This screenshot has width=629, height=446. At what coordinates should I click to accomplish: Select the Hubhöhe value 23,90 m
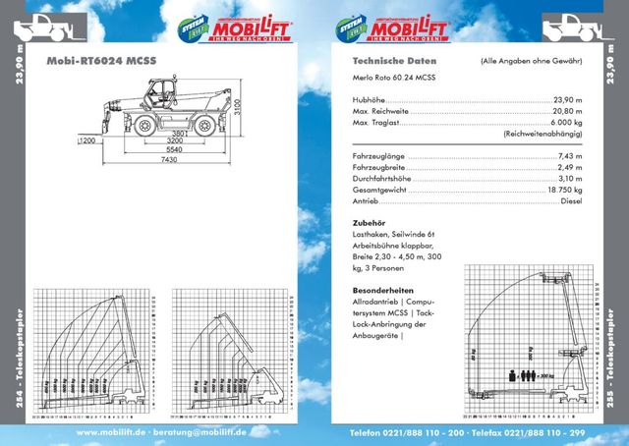(566, 99)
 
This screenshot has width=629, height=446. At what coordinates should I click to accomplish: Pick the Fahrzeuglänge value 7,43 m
(569, 155)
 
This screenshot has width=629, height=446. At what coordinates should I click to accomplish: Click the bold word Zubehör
(367, 223)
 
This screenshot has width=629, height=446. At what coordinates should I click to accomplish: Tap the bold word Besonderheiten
(380, 291)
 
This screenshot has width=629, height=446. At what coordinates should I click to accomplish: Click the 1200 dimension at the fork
(89, 141)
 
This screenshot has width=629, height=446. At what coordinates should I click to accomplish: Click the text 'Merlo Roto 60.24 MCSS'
(393, 77)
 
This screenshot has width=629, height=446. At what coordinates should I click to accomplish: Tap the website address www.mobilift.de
(111, 432)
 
